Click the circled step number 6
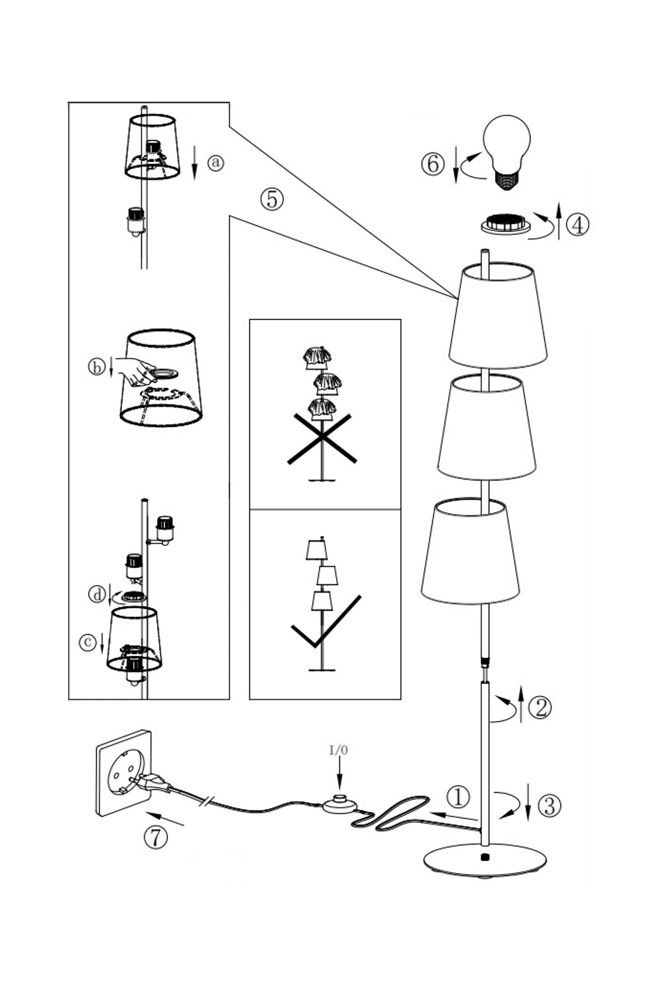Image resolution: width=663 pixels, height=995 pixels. click(432, 164)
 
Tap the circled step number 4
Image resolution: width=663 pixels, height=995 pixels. click(577, 225)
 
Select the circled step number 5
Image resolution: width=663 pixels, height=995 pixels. click(272, 198)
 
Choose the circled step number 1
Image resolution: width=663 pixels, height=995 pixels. click(457, 797)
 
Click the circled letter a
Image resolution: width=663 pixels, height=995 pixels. click(215, 163)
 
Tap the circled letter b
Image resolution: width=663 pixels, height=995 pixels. click(96, 367)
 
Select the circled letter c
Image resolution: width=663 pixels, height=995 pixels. click(88, 642)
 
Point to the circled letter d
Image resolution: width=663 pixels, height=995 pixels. click(97, 594)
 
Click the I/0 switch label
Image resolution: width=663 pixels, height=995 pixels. click(338, 750)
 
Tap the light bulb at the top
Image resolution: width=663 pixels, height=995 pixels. click(507, 152)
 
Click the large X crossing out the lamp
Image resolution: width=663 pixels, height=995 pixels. click(322, 438)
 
